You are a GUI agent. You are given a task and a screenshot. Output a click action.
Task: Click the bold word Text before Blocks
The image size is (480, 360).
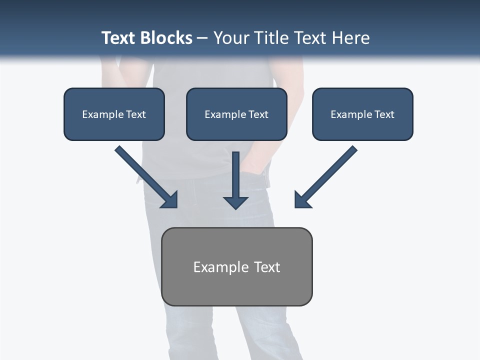tap(119, 38)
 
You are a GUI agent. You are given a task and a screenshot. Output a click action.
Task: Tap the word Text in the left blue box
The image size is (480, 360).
tap(135, 114)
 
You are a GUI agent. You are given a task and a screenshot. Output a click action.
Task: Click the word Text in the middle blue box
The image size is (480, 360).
tap(258, 114)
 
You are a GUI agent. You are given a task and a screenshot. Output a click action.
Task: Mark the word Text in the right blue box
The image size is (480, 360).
tap(384, 114)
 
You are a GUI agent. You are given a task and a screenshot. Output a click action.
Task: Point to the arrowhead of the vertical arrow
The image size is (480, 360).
tap(236, 202)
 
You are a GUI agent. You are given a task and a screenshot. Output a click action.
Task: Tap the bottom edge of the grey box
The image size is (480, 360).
tap(236, 305)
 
